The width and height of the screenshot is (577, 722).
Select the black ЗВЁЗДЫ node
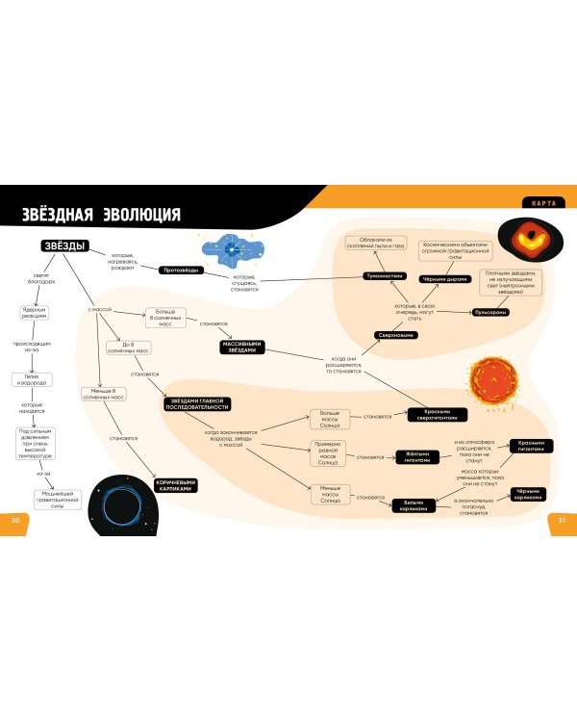(x=64, y=246)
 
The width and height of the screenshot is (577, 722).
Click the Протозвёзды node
(x=180, y=271)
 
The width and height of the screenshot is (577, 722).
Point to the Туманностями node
(x=382, y=277)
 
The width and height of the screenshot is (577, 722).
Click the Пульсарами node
(x=490, y=313)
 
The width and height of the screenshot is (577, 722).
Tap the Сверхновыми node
(x=394, y=335)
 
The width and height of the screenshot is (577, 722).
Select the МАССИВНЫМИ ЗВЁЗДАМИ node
(x=239, y=348)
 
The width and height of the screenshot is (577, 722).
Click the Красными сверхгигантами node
(x=438, y=415)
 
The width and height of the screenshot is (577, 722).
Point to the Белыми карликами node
(x=414, y=504)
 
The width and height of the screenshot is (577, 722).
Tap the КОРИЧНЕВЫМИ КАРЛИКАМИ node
(x=175, y=486)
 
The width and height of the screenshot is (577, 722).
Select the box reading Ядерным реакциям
(x=36, y=313)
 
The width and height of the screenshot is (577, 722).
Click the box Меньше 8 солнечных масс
(x=103, y=394)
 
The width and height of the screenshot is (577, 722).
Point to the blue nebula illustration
(x=233, y=250)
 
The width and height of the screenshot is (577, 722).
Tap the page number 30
(x=14, y=520)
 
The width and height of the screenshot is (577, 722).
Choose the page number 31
(x=562, y=520)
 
